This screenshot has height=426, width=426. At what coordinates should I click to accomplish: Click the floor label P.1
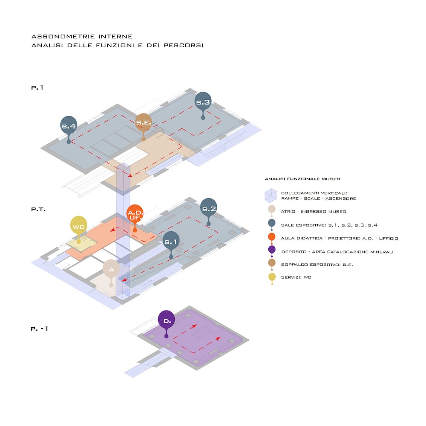pyautogui.click(x=37, y=88)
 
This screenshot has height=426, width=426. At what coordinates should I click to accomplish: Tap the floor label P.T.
pyautogui.click(x=38, y=209)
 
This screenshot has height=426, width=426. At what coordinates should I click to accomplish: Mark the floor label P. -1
pyautogui.click(x=39, y=329)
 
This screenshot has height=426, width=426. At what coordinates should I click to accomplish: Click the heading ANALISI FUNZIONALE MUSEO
pyautogui.click(x=302, y=179)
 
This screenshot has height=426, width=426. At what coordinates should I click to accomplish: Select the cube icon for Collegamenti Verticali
pyautogui.click(x=271, y=196)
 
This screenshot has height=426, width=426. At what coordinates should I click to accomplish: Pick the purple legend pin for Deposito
pyautogui.click(x=272, y=251)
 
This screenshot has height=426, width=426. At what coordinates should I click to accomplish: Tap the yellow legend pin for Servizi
pyautogui.click(x=272, y=278)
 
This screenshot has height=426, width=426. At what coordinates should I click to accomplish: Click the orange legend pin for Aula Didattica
pyautogui.click(x=272, y=238)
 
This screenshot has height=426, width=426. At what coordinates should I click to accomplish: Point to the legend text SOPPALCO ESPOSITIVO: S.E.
pyautogui.click(x=317, y=265)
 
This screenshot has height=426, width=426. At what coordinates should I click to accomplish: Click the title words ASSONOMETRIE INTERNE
pyautogui.click(x=82, y=36)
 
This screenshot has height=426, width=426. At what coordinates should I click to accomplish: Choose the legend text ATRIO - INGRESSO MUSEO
pyautogui.click(x=314, y=211)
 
